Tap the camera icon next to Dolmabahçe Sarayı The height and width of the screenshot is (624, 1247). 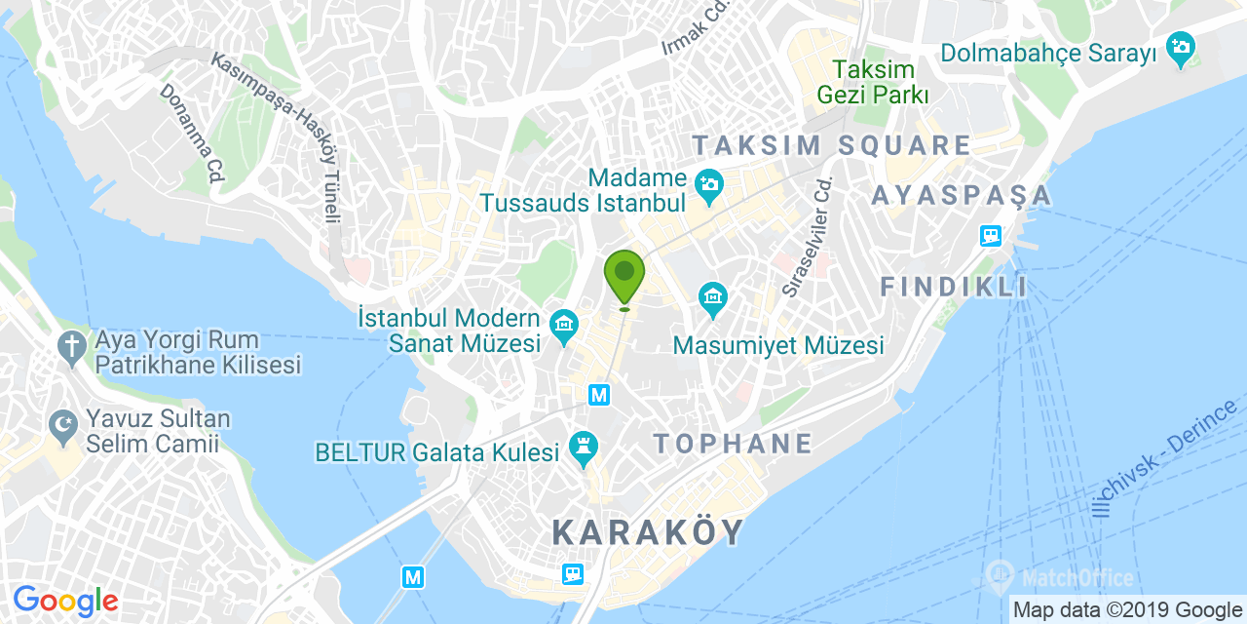tap(1180, 50)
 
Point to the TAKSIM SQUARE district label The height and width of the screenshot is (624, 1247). tap(831, 146)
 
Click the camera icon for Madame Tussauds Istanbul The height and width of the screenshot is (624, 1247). tap(708, 182)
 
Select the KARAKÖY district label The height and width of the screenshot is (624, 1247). tap(648, 532)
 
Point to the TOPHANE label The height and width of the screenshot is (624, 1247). tap(733, 444)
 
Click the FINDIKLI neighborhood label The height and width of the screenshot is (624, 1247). tap(954, 287)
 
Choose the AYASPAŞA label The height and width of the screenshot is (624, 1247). tap(962, 196)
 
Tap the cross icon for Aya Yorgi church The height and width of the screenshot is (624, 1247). tap(71, 345)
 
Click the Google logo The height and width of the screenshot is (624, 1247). tap(65, 602)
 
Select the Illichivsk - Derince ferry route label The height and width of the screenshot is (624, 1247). tap(1163, 458)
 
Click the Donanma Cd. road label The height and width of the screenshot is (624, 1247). tap(193, 133)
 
